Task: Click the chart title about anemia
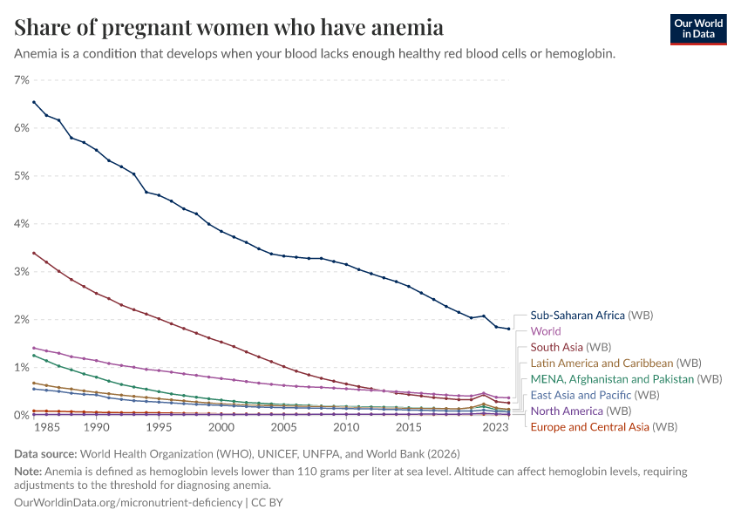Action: (228, 28)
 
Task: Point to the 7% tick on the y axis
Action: (22, 80)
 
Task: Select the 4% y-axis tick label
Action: (22, 224)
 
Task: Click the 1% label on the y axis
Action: (22, 368)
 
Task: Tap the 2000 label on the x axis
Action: (221, 428)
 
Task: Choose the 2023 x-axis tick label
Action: (496, 428)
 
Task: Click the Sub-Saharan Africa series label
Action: (591, 316)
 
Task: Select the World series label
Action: (546, 331)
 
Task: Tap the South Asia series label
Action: (570, 348)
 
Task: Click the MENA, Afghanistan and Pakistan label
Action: (626, 379)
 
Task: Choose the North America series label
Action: (579, 411)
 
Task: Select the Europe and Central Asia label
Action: (603, 427)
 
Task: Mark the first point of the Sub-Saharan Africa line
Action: (34, 102)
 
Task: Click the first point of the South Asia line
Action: (34, 253)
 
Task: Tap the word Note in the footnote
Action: (28, 472)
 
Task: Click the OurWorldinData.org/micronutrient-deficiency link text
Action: (129, 503)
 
